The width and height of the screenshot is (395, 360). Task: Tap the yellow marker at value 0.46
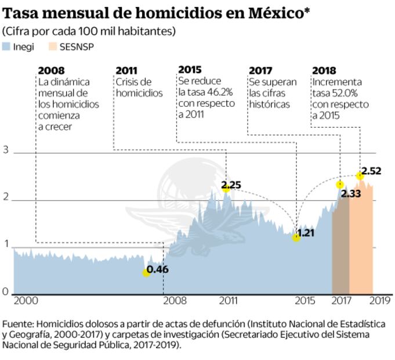[x=146, y=272]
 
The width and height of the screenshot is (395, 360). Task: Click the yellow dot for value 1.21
[x=296, y=237]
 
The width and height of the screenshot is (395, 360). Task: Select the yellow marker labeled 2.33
[x=340, y=185]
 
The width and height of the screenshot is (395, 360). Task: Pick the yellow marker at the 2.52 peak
[x=360, y=175]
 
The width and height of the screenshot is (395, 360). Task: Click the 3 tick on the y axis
[x=6, y=150]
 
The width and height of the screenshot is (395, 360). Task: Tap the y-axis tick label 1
[x=6, y=245]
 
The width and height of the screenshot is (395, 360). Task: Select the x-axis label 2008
[x=175, y=301]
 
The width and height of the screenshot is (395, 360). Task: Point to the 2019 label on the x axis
[x=379, y=301]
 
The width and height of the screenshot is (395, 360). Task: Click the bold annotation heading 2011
[x=126, y=70]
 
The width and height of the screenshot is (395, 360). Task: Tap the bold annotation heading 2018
[x=324, y=70]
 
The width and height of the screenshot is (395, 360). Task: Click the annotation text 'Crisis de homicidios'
[x=139, y=88]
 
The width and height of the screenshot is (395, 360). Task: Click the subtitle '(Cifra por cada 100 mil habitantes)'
[x=89, y=31]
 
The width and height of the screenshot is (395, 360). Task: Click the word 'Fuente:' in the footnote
[x=17, y=323]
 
